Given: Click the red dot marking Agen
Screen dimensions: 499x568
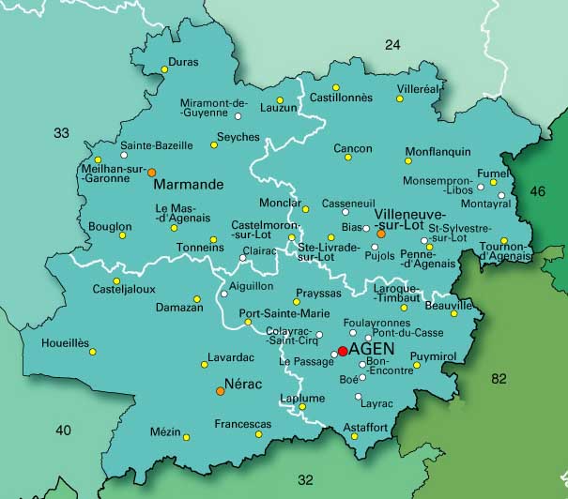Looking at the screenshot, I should point(342,351).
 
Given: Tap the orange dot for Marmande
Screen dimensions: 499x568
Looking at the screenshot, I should point(151,172).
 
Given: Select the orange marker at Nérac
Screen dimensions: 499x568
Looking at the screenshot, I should point(220,391).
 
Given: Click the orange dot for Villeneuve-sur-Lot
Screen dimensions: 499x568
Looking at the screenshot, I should point(381,234).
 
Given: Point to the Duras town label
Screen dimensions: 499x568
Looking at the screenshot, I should point(182,63).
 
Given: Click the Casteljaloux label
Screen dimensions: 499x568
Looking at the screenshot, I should point(123,290).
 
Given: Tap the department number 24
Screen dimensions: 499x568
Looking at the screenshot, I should point(392,44).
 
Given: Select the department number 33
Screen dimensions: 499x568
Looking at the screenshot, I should point(61,133).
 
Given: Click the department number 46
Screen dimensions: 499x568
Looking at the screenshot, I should point(537,191).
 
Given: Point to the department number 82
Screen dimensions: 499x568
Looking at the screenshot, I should point(499,379).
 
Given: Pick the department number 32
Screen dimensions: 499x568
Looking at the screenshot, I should point(305,479).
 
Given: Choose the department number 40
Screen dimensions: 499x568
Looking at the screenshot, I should point(63,431).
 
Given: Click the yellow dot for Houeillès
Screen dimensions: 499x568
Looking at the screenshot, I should point(92,352).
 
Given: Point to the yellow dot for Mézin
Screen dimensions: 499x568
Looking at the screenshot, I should point(186,437).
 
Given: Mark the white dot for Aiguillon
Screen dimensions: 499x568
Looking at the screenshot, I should point(223,295).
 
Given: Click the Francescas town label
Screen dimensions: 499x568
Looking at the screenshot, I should point(242,424).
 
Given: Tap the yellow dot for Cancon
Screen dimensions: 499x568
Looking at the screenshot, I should point(347,158).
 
